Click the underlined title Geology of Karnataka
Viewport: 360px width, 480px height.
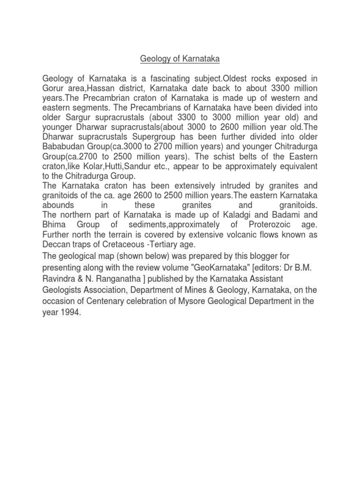[180, 59]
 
